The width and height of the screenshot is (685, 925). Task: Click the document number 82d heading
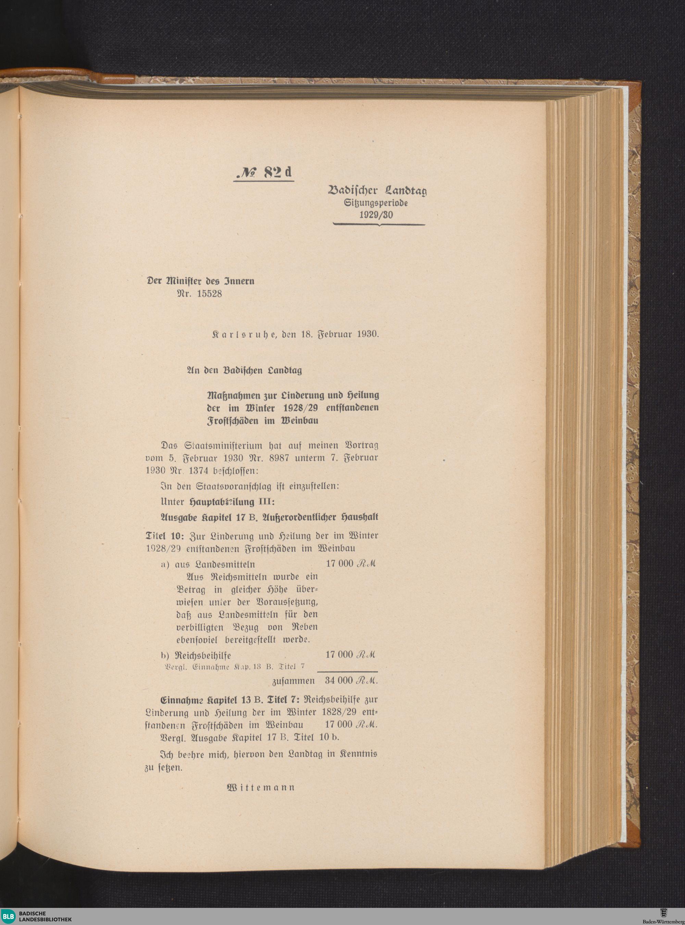264,173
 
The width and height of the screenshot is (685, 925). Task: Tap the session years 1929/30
376,215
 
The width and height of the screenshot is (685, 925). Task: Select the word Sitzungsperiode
376,203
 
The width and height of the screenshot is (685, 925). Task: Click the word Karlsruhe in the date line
245,334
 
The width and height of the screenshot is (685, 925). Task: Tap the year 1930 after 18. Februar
368,334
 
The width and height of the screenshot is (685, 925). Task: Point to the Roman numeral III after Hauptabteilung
266,502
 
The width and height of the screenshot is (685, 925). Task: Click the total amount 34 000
339,681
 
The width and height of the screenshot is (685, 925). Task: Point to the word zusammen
294,681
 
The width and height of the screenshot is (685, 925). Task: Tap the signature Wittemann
261,787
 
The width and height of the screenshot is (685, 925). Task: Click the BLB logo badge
9,916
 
